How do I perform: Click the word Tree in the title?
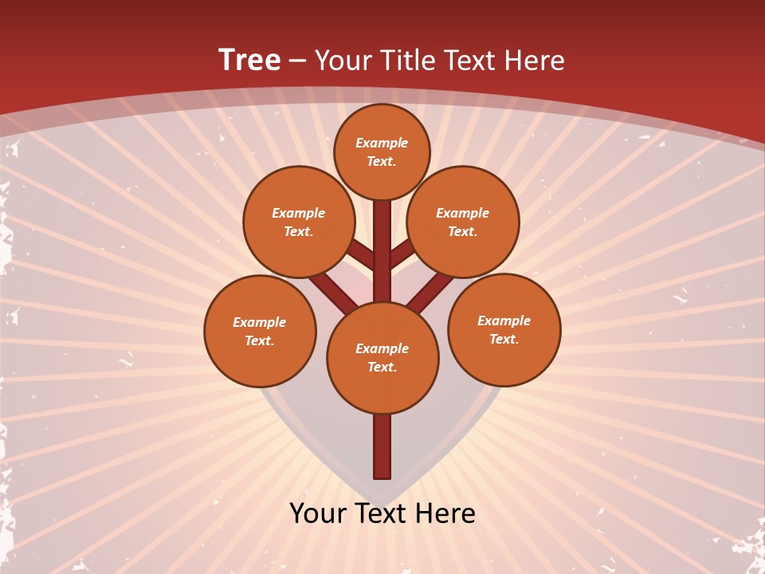click(x=249, y=60)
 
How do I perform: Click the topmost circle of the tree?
click(x=382, y=151)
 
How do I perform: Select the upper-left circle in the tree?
click(x=298, y=222)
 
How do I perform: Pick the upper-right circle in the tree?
click(x=463, y=222)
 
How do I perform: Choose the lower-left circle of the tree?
click(x=260, y=331)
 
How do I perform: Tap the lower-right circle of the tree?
click(x=504, y=329)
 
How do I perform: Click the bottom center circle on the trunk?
click(x=382, y=357)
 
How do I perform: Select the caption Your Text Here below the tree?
click(x=382, y=513)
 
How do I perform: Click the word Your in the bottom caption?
click(x=317, y=513)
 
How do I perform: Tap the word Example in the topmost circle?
click(x=382, y=143)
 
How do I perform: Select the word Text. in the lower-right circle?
click(x=504, y=339)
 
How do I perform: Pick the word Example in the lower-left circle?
click(x=260, y=322)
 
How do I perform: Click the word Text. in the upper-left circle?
click(x=298, y=231)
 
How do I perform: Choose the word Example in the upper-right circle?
click(x=463, y=213)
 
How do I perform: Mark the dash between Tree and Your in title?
click(x=297, y=61)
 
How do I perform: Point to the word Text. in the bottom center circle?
click(x=382, y=367)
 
